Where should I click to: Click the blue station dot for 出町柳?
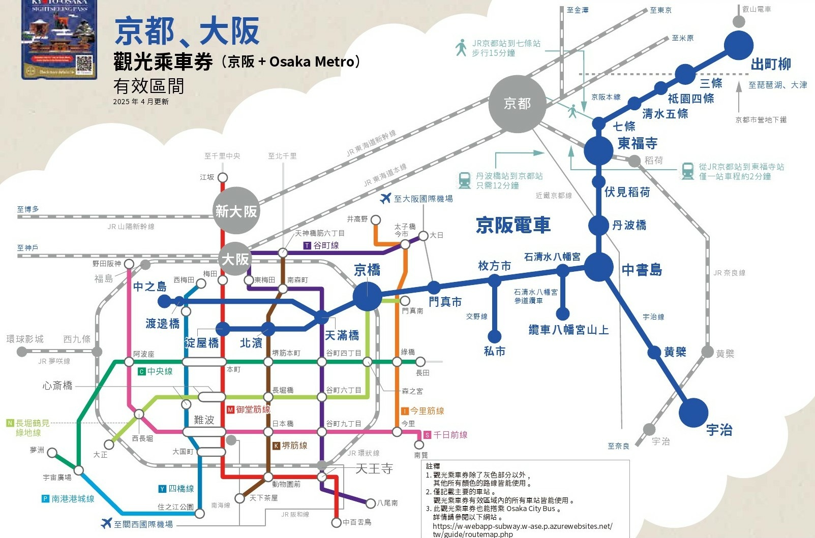click(x=738, y=45)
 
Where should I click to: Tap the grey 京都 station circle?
click(x=517, y=104)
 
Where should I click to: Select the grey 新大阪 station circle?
click(x=236, y=211)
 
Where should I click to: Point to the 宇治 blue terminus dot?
click(x=693, y=412)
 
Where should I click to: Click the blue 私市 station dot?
click(x=494, y=336)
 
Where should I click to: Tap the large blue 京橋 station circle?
click(x=367, y=296)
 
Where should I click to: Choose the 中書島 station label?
click(x=642, y=270)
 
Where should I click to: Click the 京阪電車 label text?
click(x=512, y=225)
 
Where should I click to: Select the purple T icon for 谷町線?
click(x=307, y=245)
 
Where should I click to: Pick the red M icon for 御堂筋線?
click(x=230, y=409)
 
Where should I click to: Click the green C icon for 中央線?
click(x=142, y=372)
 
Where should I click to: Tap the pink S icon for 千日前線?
click(x=427, y=435)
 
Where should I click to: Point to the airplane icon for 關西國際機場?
click(x=106, y=523)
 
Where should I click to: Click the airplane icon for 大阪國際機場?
click(x=386, y=198)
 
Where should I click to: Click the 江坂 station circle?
click(x=222, y=178)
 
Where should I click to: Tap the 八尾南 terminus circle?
click(x=371, y=503)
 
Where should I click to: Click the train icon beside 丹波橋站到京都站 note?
click(x=464, y=180)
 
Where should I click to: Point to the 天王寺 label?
click(x=374, y=468)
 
